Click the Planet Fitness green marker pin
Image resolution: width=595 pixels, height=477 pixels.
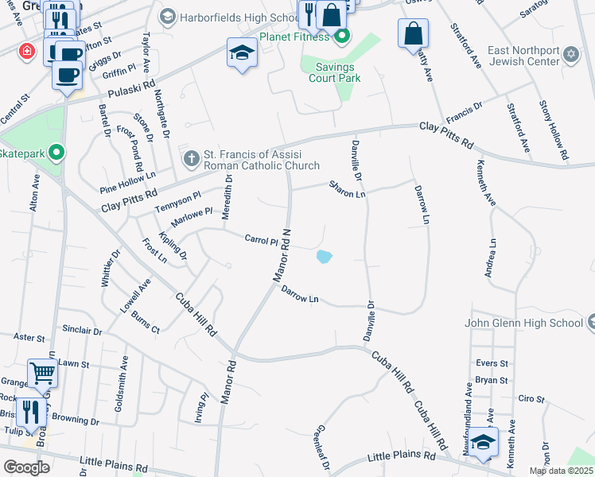pos(343,36)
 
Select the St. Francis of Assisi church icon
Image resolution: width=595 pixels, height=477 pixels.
pos(191,158)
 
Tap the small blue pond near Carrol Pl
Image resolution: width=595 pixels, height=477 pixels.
pos(324,257)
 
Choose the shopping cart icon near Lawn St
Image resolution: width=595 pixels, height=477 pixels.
pos(42,371)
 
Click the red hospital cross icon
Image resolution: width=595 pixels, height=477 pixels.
pos(28,51)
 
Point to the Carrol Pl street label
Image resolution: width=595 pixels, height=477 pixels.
pos(260,239)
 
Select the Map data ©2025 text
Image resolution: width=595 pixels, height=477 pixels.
pos(561,471)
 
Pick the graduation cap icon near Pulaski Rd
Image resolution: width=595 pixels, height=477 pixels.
pos(242,53)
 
